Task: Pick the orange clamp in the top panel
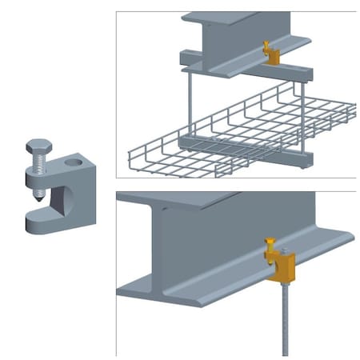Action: (272, 56)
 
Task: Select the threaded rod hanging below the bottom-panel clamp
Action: (286, 320)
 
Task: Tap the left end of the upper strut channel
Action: (186, 58)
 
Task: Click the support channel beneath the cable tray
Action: (240, 152)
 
